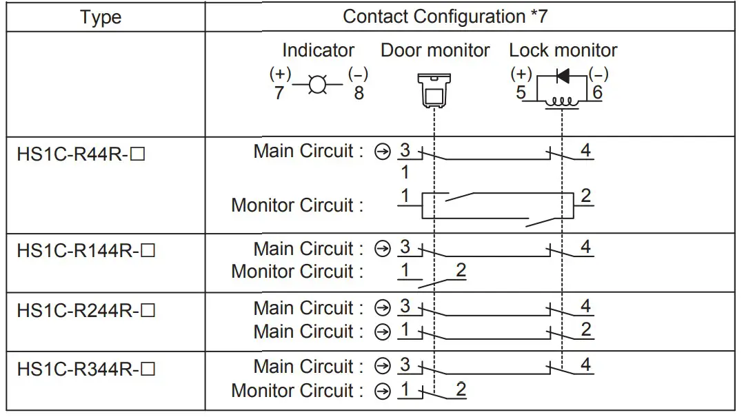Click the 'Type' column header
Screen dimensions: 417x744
click(101, 17)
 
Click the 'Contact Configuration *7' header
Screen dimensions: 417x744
click(445, 17)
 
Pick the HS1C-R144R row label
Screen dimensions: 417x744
click(86, 250)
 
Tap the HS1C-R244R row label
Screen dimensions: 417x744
click(86, 310)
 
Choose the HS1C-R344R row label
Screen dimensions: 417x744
click(86, 369)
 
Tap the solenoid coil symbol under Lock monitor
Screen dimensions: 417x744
click(562, 101)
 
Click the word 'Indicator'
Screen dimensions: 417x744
click(318, 50)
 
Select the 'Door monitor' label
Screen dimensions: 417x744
click(435, 50)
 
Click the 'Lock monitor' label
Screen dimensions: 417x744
click(563, 50)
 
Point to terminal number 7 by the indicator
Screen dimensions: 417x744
click(279, 93)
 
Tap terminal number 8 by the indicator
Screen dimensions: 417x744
click(359, 93)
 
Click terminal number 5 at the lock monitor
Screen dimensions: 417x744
click(521, 92)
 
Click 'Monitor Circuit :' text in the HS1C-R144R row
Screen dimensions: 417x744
click(297, 272)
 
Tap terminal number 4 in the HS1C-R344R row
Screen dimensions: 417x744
click(585, 365)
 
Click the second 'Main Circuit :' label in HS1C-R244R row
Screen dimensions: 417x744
click(308, 332)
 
